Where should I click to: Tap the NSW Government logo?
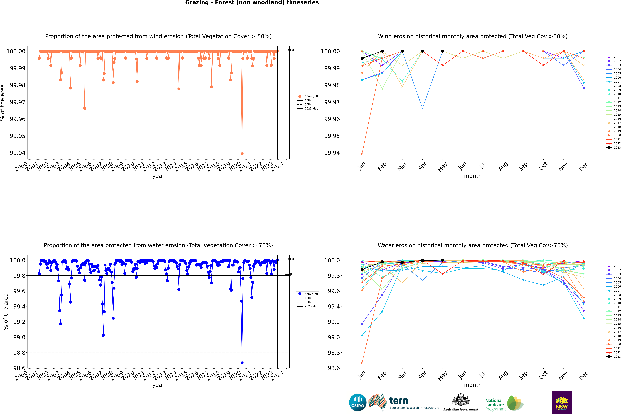click(x=562, y=402)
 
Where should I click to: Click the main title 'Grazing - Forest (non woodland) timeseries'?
click(x=252, y=3)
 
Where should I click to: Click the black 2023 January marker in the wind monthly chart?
click(x=362, y=58)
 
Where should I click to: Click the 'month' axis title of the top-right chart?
click(x=473, y=176)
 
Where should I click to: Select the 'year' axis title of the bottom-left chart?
click(x=158, y=385)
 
